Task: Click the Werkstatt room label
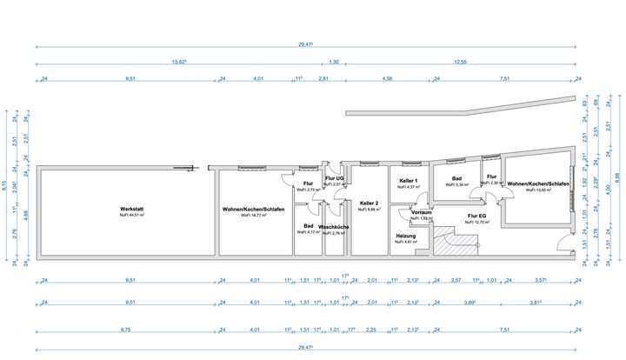[x=130, y=210]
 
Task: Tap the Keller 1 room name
[x=409, y=181]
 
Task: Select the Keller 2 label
[x=370, y=203]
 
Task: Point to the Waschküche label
[x=334, y=227]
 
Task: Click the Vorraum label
[x=422, y=212]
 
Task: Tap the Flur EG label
[x=476, y=215]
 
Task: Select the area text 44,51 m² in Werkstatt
[x=130, y=216]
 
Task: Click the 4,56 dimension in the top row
[x=388, y=79]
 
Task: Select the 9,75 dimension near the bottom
[x=130, y=330]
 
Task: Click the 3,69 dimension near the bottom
[x=469, y=305]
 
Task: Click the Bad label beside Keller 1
[x=456, y=178]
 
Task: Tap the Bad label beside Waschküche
[x=308, y=225]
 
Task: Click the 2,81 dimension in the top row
[x=323, y=79]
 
